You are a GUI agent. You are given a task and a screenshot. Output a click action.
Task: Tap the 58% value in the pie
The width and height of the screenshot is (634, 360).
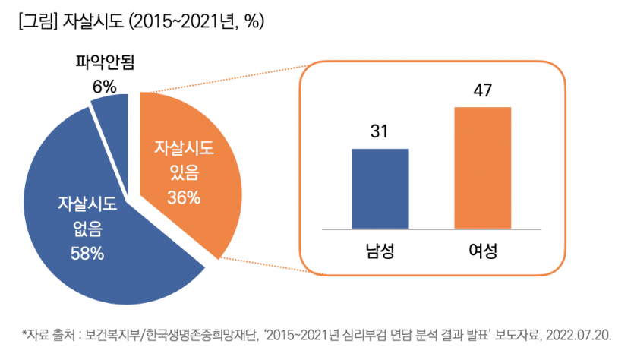(87, 254)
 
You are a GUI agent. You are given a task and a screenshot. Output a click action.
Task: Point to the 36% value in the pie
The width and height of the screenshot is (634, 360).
(184, 198)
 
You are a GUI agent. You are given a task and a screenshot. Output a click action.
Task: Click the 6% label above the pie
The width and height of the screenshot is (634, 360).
(104, 87)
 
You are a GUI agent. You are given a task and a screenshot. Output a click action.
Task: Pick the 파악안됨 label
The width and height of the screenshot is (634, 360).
(104, 62)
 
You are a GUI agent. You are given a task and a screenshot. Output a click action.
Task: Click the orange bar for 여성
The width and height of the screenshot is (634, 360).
(483, 167)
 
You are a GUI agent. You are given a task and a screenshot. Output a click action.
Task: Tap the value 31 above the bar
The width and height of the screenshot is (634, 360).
(380, 132)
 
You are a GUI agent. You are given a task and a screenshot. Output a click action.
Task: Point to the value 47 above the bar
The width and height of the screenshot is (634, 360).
(483, 91)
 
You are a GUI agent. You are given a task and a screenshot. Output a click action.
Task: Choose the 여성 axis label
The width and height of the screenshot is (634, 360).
(483, 249)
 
